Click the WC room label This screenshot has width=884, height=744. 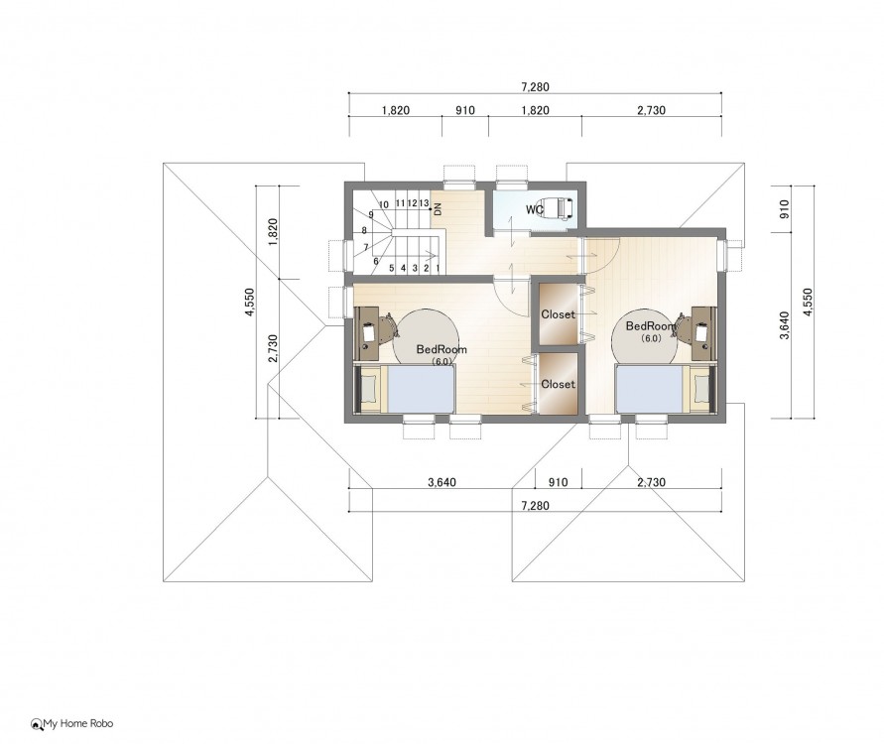point(534,210)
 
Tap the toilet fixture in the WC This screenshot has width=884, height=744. point(558,209)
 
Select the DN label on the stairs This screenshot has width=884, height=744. point(439,209)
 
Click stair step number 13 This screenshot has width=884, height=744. point(424,203)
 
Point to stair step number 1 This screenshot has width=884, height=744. point(438,268)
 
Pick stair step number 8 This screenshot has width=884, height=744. point(364,230)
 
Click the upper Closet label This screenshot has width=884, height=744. point(559,314)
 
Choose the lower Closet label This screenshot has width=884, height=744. point(559,384)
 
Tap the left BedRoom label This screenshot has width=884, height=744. point(442,349)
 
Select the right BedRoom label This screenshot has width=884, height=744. point(651,325)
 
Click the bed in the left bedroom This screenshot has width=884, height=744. point(407,389)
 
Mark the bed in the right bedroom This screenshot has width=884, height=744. point(664,389)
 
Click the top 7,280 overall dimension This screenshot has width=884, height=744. point(535,87)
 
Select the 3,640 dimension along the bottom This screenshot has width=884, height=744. point(442,482)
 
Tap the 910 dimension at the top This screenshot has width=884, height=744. point(465,110)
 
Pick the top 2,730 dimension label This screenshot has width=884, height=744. point(651,110)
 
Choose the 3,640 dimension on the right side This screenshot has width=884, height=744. point(784,325)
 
